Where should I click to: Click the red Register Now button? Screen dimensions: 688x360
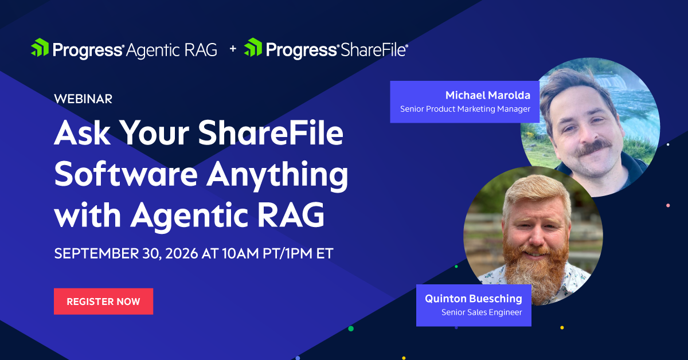click(x=104, y=302)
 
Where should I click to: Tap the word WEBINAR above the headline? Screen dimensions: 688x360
click(x=83, y=99)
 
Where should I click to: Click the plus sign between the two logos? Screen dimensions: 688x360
click(x=233, y=49)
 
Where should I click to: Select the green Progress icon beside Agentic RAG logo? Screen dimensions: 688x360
click(x=40, y=48)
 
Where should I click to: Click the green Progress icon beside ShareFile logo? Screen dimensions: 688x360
click(x=253, y=48)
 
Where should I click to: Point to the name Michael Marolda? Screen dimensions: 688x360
click(x=488, y=95)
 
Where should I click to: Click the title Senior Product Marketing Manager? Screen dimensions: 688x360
click(x=465, y=109)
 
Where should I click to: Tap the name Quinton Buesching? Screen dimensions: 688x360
click(x=474, y=298)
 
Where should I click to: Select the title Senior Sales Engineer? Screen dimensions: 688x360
click(x=482, y=312)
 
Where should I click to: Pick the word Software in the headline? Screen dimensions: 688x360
click(x=126, y=174)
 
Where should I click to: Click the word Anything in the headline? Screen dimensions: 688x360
click(x=277, y=175)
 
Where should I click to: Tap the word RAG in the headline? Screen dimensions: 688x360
click(x=291, y=215)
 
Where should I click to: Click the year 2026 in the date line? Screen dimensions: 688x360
click(x=182, y=253)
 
